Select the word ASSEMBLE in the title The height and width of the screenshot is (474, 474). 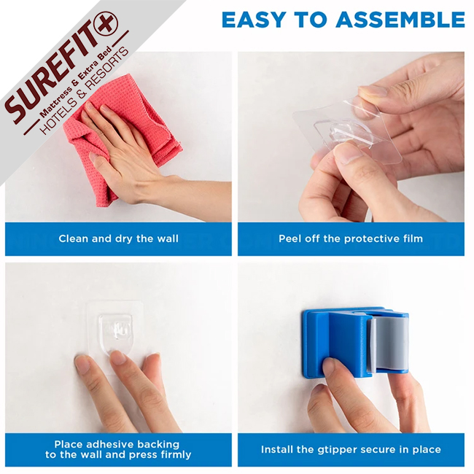click(400, 20)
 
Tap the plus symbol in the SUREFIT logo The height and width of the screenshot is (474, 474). click(106, 23)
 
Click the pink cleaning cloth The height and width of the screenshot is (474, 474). click(121, 136)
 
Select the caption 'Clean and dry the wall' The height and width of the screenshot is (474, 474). click(118, 238)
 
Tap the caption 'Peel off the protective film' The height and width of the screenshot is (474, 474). click(351, 238)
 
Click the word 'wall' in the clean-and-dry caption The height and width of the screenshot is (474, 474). click(168, 238)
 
